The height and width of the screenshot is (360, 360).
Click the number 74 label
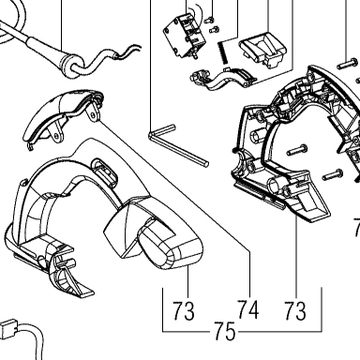click(248, 310)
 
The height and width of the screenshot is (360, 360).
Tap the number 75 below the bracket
click(225, 331)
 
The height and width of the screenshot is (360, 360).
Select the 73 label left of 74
click(184, 311)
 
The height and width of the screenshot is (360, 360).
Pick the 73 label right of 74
click(295, 310)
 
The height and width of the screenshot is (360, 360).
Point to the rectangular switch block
click(185, 36)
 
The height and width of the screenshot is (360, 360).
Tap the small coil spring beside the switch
click(221, 53)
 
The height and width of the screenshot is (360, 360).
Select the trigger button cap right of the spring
click(262, 50)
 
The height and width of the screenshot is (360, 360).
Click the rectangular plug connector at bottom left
click(8, 328)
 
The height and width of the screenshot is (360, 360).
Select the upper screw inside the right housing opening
click(297, 150)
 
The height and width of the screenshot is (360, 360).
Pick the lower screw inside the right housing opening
click(333, 174)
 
